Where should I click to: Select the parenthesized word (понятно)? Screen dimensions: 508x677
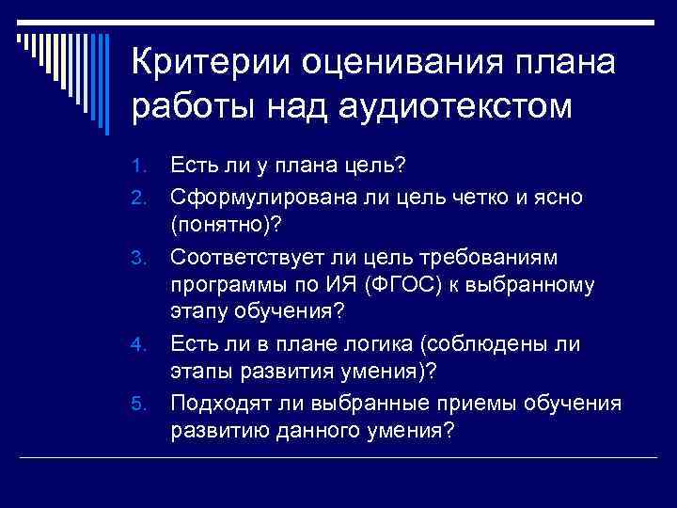click(x=228, y=227)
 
